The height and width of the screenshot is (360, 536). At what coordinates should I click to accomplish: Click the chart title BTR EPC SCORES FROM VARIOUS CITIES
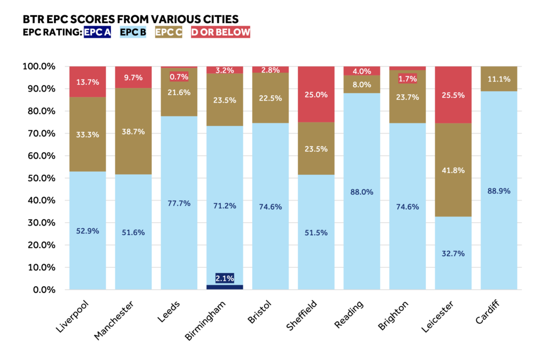130,19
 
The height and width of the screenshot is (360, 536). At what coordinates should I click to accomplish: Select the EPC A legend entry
97,32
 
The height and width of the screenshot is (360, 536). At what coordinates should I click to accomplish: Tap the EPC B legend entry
133,32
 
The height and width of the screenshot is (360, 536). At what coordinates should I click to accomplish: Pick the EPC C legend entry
169,32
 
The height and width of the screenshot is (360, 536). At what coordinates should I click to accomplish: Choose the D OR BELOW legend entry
220,32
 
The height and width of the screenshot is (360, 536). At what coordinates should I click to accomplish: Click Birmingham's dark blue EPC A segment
225,287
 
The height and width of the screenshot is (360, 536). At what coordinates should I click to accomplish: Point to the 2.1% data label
225,278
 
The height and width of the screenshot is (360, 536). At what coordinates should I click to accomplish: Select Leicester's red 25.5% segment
453,95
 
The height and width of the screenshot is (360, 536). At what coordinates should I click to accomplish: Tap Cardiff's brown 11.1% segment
499,79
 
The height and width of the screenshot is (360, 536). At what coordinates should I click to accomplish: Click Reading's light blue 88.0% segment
362,192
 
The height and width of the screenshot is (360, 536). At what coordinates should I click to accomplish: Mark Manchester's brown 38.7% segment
133,131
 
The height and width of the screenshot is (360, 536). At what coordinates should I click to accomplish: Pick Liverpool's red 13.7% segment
87,82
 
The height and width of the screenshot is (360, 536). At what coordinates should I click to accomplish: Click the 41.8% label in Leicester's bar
453,170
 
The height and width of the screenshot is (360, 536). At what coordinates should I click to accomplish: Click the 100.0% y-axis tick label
39,66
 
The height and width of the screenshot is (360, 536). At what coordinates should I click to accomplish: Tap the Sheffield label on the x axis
301,315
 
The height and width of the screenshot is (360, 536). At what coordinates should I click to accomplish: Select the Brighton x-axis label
393,315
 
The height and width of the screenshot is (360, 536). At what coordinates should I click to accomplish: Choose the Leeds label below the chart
169,311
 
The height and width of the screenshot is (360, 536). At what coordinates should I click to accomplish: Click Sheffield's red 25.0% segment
316,94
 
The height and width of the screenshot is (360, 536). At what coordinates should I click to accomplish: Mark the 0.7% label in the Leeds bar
179,77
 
